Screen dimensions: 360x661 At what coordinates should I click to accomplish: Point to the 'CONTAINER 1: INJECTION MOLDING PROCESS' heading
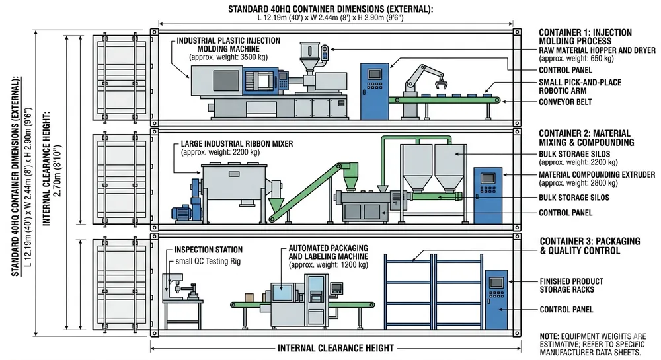click(x=585, y=36)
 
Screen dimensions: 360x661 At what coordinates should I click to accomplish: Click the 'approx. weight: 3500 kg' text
click(x=225, y=57)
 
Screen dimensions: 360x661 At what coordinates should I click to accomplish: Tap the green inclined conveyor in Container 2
click(x=310, y=189)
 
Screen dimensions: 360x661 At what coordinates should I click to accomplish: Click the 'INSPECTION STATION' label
click(x=208, y=250)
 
